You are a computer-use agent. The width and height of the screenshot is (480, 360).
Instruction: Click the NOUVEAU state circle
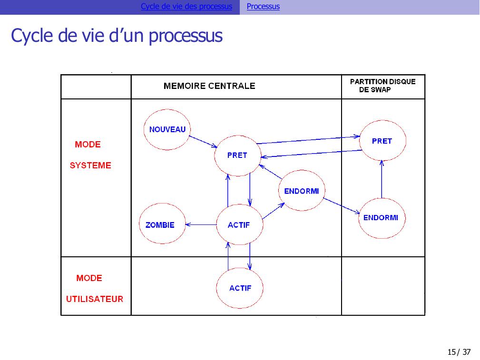point(167,129)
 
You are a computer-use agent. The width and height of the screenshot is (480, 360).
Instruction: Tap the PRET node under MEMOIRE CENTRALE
point(237,155)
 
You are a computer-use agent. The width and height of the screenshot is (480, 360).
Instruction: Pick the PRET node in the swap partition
point(382,141)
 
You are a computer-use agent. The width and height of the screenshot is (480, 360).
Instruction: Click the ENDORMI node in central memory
point(301,191)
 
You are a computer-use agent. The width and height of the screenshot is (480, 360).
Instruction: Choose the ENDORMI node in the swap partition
point(381,218)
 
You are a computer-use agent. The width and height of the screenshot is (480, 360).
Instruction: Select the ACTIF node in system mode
point(239,224)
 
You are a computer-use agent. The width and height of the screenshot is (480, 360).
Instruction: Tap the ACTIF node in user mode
point(240,288)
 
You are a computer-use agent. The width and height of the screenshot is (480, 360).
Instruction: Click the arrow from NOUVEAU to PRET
point(203,141)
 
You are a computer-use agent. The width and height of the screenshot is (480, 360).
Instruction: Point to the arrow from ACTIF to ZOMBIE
point(200,225)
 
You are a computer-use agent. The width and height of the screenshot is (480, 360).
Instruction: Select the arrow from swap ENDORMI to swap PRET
point(382,179)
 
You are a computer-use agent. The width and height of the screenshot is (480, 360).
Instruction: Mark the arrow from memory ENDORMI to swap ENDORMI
point(342,206)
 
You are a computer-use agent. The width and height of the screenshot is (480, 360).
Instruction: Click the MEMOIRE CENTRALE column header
point(209,86)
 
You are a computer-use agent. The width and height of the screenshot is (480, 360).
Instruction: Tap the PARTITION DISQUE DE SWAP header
point(382,86)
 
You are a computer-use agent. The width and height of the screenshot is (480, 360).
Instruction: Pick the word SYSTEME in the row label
point(90,165)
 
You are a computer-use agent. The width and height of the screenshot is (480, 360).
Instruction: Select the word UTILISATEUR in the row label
point(94,299)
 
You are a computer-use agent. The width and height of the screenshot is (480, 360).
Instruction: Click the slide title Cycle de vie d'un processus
point(117,36)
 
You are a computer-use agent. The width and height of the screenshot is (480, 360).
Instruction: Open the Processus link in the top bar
point(263,7)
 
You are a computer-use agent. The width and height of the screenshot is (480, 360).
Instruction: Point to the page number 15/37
point(459,352)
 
